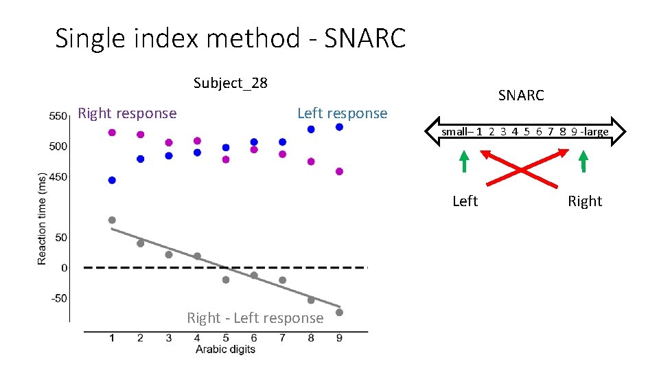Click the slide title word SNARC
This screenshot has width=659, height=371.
pos(365,38)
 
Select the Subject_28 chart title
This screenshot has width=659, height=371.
pos(230,83)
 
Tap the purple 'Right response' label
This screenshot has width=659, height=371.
pos(127,113)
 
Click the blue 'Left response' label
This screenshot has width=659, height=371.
pos(342,113)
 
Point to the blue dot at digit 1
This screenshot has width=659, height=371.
pos(112,180)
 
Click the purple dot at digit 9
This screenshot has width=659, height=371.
pos(339,172)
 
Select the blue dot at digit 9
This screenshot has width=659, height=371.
pos(339,127)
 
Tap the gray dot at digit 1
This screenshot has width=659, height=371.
pos(112,220)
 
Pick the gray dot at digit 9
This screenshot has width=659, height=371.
pos(339,313)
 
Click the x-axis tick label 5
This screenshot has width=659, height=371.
pos(226,337)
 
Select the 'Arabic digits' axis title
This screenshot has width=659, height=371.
pos(225,349)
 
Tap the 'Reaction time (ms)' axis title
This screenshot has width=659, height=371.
pos(43,217)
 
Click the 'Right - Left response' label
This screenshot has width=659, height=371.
pos(255,318)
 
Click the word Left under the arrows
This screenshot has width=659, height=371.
pos(465,201)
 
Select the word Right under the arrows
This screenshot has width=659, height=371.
pos(584,201)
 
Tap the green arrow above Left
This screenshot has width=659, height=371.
pos(464,161)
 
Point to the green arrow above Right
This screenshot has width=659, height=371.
pos(583,161)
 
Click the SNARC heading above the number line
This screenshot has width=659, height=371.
pos(520,95)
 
